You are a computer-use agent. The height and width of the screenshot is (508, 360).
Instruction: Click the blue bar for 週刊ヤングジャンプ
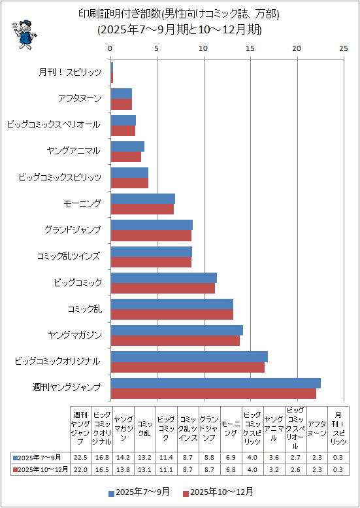[x=216, y=383]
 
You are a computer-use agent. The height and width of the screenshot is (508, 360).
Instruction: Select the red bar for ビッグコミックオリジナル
[x=188, y=367]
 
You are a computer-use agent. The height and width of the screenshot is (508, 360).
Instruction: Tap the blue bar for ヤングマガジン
[x=177, y=330]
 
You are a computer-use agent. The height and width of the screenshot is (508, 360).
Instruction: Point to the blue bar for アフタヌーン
[x=122, y=93]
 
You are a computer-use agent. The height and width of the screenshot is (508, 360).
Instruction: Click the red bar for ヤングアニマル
[x=125, y=156]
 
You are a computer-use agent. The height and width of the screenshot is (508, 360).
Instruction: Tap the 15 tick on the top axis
[x=251, y=48]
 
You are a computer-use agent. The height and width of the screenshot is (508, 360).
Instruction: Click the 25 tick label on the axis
[x=344, y=48]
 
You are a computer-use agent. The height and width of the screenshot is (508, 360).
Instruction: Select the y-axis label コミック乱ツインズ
[x=69, y=256]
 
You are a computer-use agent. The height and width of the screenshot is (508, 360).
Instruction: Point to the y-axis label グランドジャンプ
[x=73, y=230]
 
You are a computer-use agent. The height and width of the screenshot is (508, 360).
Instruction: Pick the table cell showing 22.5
[x=80, y=457]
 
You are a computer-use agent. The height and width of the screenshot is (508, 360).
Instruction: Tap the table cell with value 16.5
[x=103, y=469]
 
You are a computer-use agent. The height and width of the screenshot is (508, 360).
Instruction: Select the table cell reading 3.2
[x=274, y=469]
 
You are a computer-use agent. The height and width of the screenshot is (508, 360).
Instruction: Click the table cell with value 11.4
[x=167, y=457]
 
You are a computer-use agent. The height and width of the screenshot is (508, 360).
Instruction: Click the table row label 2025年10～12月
[x=40, y=469]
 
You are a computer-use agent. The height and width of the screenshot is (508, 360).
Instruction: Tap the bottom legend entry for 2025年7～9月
[x=139, y=492]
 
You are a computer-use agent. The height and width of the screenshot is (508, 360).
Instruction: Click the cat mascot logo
[x=24, y=34]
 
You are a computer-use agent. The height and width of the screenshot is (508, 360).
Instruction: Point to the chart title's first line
[x=180, y=14]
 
